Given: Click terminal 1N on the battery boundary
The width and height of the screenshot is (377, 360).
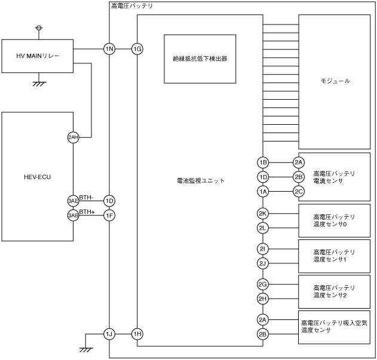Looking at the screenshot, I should pos(109,49).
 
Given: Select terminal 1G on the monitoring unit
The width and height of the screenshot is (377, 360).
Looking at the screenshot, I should pos(137,49).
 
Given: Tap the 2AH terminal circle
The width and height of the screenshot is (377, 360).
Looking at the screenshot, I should pos(73,137).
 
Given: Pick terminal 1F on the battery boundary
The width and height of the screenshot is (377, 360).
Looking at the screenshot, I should pos(109,215).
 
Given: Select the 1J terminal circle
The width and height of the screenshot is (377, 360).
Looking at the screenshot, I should pos(109,334).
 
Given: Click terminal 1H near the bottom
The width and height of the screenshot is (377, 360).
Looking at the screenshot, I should pos(137,334).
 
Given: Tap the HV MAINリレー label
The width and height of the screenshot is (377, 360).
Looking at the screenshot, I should pos(38,56).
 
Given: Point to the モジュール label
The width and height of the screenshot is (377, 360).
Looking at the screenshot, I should pos(334,81).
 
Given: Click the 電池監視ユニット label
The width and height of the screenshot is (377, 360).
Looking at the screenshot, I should pos(201,180).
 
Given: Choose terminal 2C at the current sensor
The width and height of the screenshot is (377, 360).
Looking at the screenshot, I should pos(299,191).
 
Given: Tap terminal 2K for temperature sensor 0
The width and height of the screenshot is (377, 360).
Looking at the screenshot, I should pos(263,213).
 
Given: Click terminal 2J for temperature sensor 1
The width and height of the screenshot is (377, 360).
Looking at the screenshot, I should pos(263,263).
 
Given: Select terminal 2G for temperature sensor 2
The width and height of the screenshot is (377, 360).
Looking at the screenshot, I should pos(263,284).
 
